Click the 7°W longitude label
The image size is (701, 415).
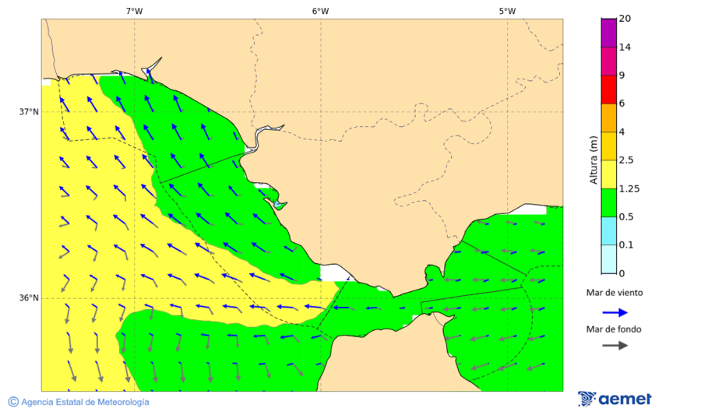[x=134, y=11]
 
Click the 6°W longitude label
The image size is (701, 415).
[x=320, y=11]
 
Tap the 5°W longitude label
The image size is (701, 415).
[x=507, y=11]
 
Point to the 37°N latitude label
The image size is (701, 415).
[x=29, y=111]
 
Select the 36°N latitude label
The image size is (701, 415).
[x=29, y=297]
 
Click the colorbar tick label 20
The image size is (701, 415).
[x=625, y=19]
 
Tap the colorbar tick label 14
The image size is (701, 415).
[x=625, y=47]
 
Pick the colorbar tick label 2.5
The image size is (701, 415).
[x=625, y=160]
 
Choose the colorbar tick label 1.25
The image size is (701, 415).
[x=628, y=188]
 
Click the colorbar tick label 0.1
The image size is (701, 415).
[x=625, y=245]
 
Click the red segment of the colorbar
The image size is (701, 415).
[x=608, y=90]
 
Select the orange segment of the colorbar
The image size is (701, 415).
[x=608, y=118]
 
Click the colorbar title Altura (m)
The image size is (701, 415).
[x=594, y=160]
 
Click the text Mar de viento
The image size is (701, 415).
[x=615, y=293]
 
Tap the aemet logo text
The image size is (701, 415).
[x=625, y=399]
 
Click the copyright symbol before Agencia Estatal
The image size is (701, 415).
[x=13, y=402]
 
